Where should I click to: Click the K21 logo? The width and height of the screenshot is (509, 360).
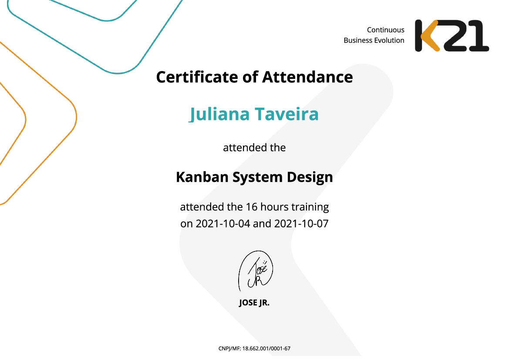pos(452,35)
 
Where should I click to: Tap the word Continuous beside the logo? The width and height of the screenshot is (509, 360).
pos(385,30)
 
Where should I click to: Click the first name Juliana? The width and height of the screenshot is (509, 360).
pos(219,114)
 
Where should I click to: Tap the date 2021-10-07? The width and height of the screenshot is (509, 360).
pos(301,224)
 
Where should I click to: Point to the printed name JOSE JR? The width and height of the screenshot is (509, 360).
pos(254,302)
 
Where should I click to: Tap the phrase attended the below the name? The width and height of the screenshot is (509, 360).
pos(254,148)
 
